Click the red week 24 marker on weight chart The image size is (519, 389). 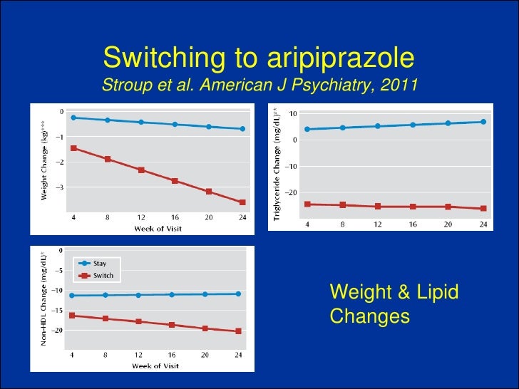[242, 202]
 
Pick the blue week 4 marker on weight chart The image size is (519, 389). [73, 118]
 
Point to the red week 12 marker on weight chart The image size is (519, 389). [141, 170]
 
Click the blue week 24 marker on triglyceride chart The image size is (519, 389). [483, 122]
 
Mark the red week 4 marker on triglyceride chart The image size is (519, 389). [307, 204]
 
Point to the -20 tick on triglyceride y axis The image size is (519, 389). [291, 193]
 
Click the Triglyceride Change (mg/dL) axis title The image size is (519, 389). [277, 162]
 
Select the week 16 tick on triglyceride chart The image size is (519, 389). [413, 224]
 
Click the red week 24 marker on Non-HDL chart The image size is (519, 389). [238, 331]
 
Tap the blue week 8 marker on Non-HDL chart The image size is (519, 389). [106, 295]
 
